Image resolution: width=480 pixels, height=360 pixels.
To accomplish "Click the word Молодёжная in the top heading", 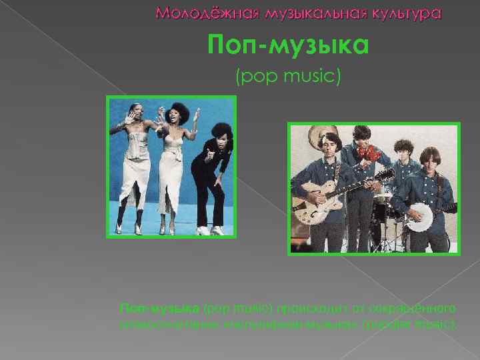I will coord(194,13).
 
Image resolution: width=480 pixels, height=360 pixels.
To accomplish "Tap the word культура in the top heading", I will coord(403,13).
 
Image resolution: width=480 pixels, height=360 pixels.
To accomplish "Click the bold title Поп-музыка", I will coord(287,46).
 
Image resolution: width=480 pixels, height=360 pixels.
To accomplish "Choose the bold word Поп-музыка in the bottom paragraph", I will coord(159,309).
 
